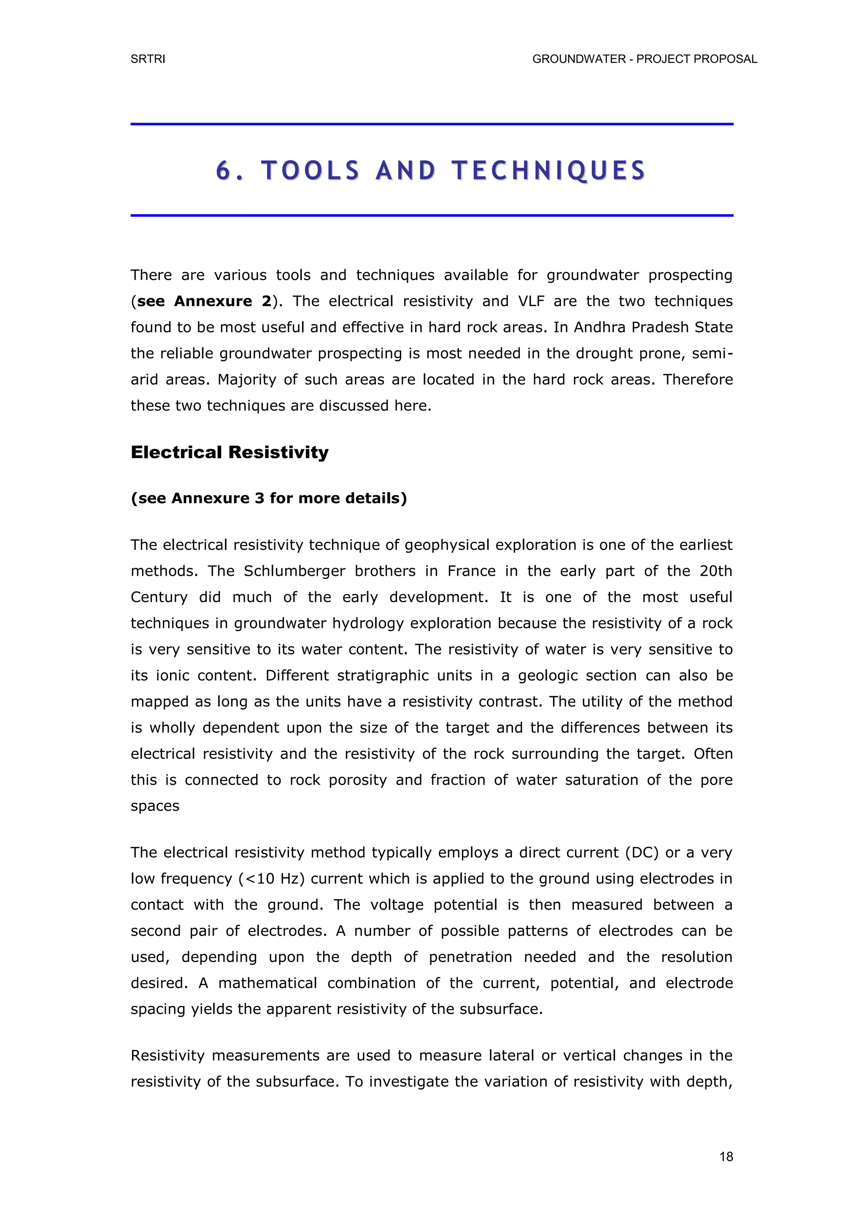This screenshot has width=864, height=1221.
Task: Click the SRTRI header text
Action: pos(148,59)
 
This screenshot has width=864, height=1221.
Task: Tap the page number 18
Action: pos(726,1156)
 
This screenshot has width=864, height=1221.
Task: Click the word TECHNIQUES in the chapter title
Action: pos(548,171)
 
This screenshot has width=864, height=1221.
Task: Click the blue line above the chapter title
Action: pos(432,124)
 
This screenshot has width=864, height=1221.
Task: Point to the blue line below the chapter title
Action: pos(432,216)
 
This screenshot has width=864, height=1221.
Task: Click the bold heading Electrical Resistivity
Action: pos(229,453)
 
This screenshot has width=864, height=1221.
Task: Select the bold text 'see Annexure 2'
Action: pos(204,301)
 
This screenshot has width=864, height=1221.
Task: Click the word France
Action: pos(471,571)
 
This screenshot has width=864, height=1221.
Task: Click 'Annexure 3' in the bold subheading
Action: pos(218,498)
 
